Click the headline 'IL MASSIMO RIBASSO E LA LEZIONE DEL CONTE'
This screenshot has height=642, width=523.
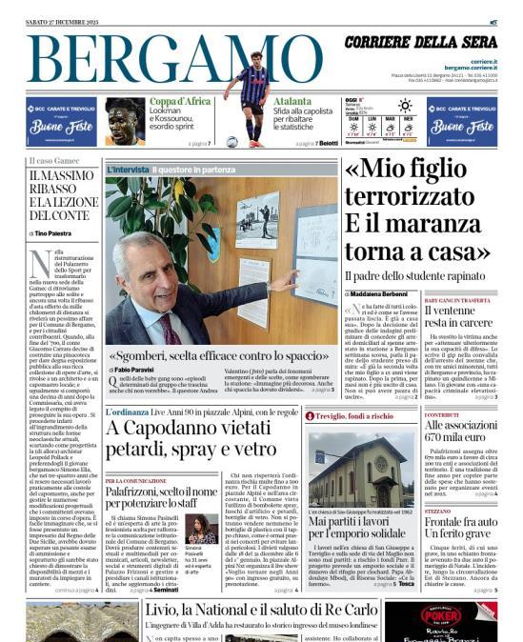(63, 194)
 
